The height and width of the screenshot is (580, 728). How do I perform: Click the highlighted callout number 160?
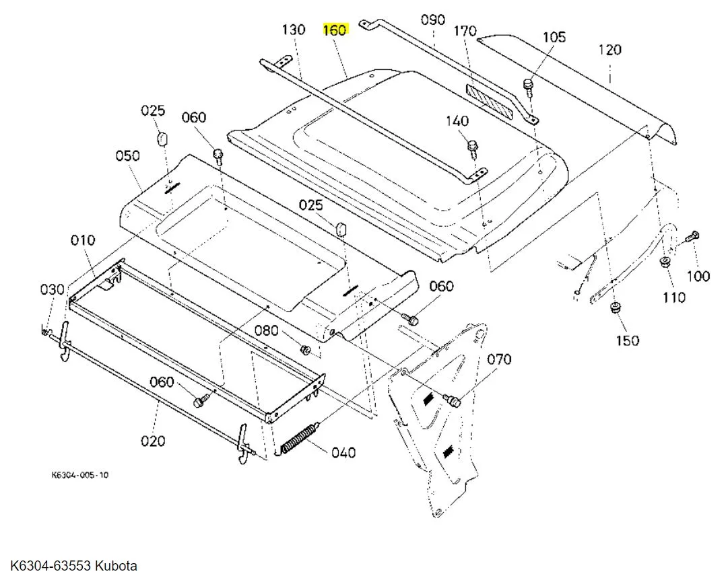click(335, 30)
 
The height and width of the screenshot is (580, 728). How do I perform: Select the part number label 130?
click(294, 30)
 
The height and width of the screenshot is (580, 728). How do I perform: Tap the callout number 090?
click(433, 20)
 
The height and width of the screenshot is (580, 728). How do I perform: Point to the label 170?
click(465, 31)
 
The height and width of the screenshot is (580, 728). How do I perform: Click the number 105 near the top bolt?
click(554, 37)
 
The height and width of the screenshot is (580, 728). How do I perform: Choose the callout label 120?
click(609, 50)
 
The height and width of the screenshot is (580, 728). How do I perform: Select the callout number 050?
click(128, 155)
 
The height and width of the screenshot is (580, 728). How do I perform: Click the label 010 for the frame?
click(83, 240)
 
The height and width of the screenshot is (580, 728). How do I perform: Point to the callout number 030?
click(52, 289)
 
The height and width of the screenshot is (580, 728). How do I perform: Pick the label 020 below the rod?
click(153, 440)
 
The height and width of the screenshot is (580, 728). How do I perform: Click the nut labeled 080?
click(306, 349)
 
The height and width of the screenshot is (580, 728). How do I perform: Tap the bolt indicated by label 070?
click(452, 400)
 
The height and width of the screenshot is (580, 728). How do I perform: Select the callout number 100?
click(698, 277)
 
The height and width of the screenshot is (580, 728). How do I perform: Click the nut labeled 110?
click(665, 262)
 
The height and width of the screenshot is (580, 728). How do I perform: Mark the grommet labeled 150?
click(616, 307)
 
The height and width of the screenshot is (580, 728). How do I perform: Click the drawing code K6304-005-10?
click(80, 475)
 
